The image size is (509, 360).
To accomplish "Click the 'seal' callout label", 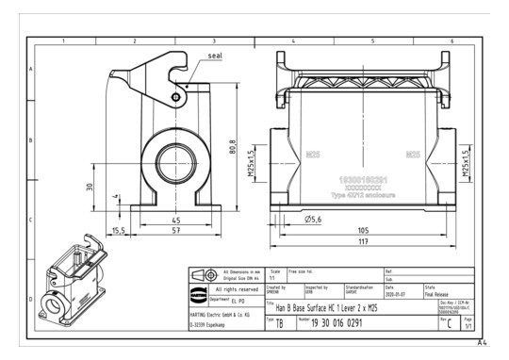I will [x=215, y=56].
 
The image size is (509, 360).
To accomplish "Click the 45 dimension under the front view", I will [x=175, y=221].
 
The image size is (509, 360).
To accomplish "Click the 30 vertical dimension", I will [x=89, y=187].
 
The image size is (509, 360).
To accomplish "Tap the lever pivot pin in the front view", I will [x=176, y=96].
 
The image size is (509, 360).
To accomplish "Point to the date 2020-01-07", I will [x=395, y=293].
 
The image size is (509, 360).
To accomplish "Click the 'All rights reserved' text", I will [x=238, y=289].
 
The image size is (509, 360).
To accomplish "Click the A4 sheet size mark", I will [x=483, y=342].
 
